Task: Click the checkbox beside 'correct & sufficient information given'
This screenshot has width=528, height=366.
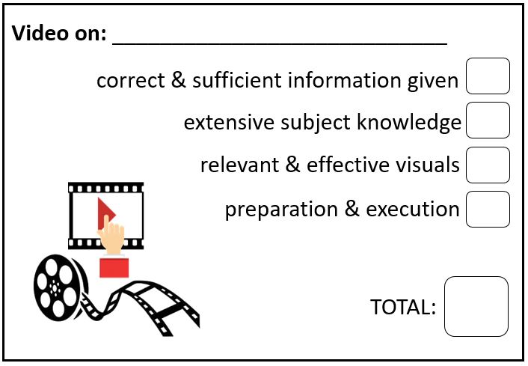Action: [x=488, y=76]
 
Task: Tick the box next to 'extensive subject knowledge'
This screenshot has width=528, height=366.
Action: [x=488, y=121]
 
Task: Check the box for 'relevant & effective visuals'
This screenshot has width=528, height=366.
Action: [x=488, y=165]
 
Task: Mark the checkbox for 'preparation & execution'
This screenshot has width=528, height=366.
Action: [x=488, y=209]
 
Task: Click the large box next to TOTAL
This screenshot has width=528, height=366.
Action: [x=476, y=306]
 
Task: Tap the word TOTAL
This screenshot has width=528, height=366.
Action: [x=403, y=307]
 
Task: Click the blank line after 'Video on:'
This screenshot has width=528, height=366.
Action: [x=280, y=37]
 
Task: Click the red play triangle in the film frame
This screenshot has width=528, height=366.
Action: [x=104, y=211]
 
